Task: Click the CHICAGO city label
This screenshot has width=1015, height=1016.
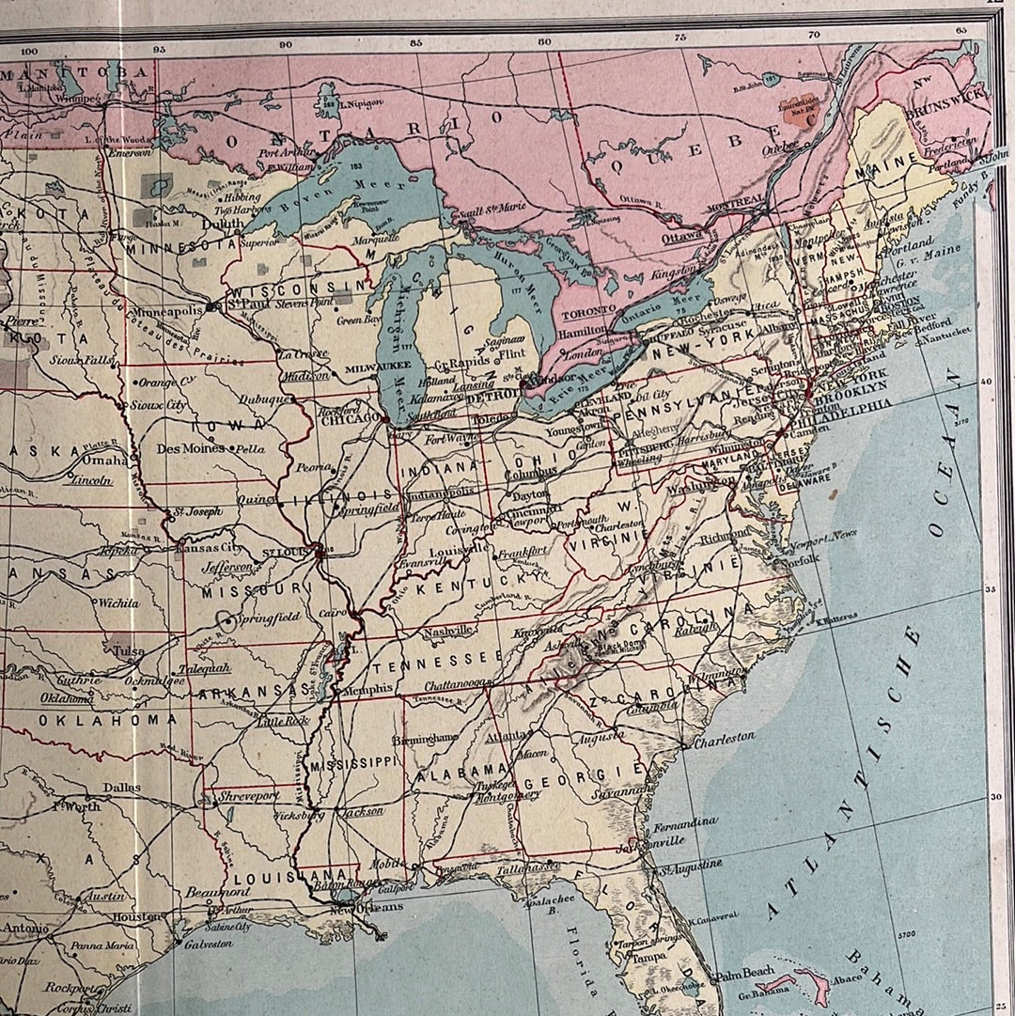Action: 347,418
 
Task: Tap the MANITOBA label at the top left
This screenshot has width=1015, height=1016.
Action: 75,71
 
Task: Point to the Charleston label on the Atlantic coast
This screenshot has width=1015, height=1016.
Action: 724,738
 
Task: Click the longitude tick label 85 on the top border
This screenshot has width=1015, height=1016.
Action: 414,42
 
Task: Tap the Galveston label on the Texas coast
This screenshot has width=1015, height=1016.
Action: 208,944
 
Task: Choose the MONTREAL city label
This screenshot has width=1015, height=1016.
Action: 739,201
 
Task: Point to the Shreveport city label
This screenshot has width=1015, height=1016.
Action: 249,795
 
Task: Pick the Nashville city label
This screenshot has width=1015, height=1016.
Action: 446,631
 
